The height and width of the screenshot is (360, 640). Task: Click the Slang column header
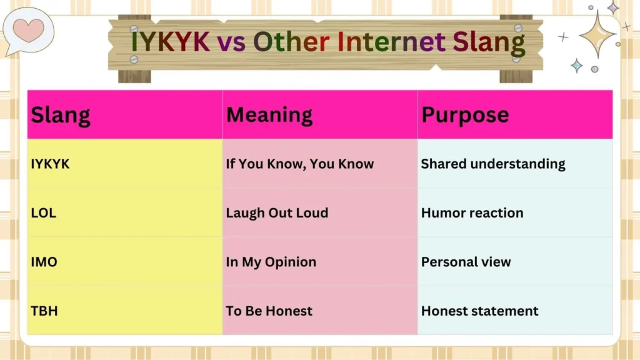(x=61, y=115)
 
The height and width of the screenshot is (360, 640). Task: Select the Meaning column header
(x=269, y=115)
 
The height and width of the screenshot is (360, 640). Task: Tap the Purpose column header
(x=465, y=115)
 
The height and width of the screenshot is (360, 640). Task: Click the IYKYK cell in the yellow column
(x=51, y=164)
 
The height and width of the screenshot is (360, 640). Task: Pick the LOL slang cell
(x=44, y=212)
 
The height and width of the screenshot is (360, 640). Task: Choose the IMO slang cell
(x=44, y=262)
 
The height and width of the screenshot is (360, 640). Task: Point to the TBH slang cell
(x=44, y=311)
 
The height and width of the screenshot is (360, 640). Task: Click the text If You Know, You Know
(x=300, y=164)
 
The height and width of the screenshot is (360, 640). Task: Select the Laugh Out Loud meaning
(x=277, y=212)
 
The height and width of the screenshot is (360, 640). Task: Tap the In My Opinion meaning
(x=271, y=262)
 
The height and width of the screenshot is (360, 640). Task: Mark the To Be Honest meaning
(x=269, y=311)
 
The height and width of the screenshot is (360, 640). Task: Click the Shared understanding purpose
(x=493, y=164)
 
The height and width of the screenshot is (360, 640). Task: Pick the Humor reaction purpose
(x=472, y=212)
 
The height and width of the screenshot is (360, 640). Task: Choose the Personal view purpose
(x=466, y=262)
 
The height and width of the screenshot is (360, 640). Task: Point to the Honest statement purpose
(x=480, y=311)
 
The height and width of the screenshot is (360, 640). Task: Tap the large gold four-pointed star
(x=597, y=34)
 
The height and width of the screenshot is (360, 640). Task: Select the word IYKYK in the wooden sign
(x=171, y=42)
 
